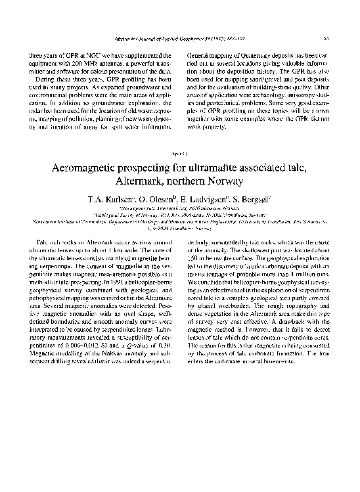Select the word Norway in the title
click(x=225, y=180)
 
